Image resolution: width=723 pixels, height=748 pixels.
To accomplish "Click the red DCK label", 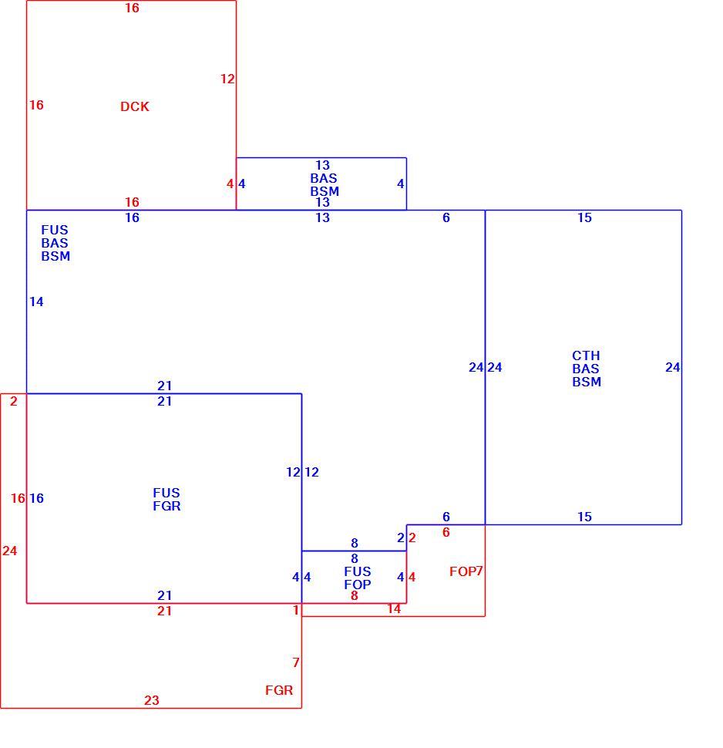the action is click(x=134, y=106).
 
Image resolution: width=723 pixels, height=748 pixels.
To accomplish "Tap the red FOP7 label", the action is click(x=466, y=571).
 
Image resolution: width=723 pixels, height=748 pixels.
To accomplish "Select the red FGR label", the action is click(x=279, y=690).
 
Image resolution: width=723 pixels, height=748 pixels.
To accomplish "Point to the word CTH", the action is click(x=586, y=355).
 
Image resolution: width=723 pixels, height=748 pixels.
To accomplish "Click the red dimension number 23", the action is click(x=152, y=700).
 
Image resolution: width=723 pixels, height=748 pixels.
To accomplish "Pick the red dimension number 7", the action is click(x=296, y=662).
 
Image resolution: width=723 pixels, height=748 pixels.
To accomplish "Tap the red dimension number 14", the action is click(x=394, y=608).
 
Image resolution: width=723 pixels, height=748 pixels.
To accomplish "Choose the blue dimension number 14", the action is click(x=36, y=302).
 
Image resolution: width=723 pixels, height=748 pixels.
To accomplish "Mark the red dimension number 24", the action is click(x=9, y=551).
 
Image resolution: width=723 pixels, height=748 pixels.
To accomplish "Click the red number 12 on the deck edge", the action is click(x=227, y=79).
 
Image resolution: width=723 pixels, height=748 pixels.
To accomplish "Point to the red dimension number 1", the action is click(x=296, y=610).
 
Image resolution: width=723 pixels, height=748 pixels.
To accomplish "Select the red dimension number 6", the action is click(x=446, y=532).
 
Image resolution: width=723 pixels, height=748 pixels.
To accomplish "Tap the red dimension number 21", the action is click(x=164, y=611).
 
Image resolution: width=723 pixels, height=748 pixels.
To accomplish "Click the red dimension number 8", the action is click(x=355, y=595).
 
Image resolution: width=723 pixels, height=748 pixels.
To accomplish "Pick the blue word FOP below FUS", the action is click(x=358, y=585).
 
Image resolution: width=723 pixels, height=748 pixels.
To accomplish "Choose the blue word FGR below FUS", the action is click(x=167, y=506).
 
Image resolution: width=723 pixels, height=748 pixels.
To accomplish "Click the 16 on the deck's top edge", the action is click(x=132, y=8).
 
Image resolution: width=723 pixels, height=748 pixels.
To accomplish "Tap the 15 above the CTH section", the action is click(x=585, y=217).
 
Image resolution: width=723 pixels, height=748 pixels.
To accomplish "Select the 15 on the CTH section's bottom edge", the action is click(x=585, y=517).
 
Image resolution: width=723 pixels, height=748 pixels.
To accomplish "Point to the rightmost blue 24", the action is click(x=672, y=367).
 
